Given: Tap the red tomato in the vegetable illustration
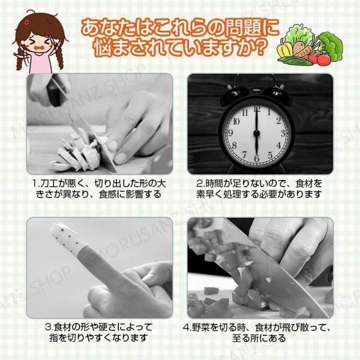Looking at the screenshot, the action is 323,59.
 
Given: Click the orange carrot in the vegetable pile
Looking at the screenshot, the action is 303,52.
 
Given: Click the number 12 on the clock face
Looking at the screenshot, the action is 257,109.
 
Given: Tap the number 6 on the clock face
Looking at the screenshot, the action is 257,158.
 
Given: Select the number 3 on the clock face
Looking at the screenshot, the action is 283,133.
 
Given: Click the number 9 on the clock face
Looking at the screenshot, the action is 230,133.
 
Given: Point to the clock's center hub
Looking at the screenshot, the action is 256,133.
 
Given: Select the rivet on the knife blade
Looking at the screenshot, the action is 268,280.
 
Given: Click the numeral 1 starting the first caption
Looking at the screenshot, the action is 35,184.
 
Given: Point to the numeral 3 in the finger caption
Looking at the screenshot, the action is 48,328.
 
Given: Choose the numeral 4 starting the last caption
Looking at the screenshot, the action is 186,328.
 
